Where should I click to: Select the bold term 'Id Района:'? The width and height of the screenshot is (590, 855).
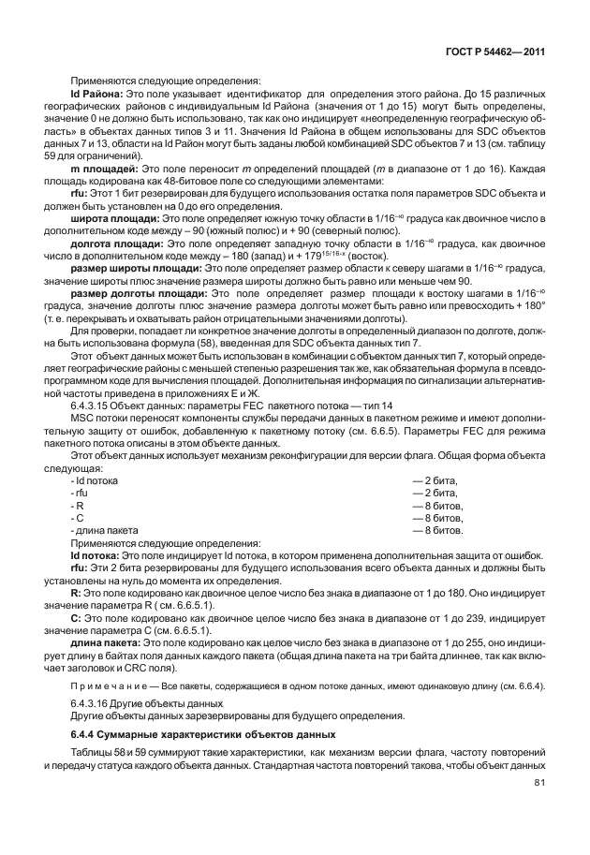(96, 96)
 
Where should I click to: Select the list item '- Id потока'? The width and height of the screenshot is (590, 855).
(95, 479)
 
